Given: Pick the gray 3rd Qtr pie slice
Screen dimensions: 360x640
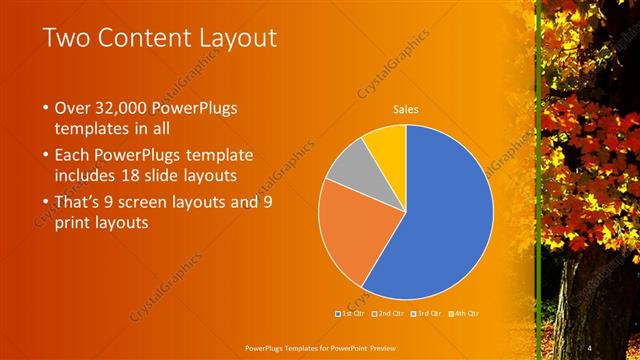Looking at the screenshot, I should click(344, 170).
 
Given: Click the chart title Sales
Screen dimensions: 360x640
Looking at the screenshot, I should click(405, 109).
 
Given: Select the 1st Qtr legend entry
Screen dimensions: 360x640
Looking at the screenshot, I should click(351, 314).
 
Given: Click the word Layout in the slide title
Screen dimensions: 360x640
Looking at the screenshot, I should click(229, 39).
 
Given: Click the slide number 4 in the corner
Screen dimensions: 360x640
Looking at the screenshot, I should click(590, 346).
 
